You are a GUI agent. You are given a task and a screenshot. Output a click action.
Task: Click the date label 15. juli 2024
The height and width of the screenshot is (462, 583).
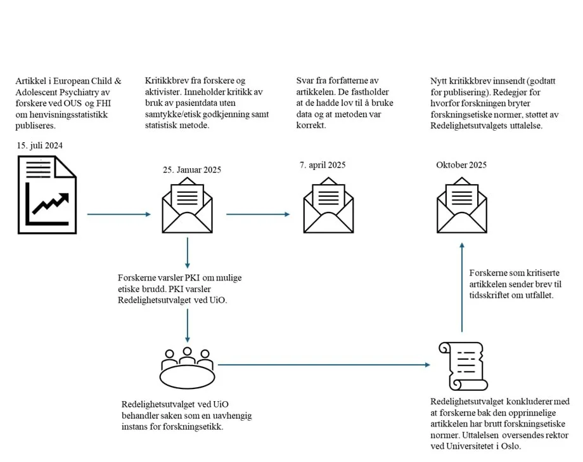[x=40, y=146]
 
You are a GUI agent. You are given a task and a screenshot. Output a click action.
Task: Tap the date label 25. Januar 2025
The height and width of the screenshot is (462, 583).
[x=192, y=169]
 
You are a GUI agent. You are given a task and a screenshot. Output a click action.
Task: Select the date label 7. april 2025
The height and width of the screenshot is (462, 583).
[x=322, y=165]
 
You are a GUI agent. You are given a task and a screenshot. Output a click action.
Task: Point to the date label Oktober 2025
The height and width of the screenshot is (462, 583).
[x=461, y=165]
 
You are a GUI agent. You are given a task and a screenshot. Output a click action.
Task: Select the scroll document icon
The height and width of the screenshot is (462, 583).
[x=462, y=366]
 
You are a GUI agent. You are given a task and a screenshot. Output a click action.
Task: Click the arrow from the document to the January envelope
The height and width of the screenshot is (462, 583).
[x=119, y=214]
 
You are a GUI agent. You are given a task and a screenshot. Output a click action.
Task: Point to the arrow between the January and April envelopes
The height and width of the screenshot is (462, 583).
[x=257, y=214]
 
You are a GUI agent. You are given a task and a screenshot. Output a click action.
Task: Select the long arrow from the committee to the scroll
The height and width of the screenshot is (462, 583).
[x=323, y=365]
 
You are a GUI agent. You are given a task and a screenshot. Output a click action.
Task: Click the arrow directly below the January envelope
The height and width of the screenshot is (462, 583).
[x=188, y=253]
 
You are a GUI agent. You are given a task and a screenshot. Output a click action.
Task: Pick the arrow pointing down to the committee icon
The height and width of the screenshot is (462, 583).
[x=188, y=324]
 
